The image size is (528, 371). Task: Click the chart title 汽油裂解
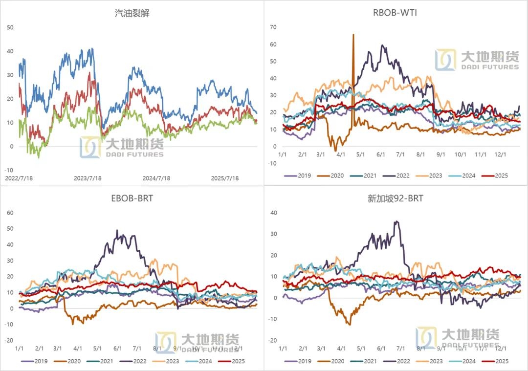132,13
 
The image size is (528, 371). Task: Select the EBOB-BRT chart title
132,198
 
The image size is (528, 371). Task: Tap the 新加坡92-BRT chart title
396,198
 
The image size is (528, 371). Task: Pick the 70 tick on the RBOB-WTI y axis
273,27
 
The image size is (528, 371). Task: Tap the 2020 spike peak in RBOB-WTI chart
353,35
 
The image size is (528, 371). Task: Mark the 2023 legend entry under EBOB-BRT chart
166,361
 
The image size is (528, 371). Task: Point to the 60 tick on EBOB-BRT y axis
9,213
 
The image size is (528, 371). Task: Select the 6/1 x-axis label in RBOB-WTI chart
380,154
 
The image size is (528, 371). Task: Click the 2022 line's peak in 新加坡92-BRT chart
396,221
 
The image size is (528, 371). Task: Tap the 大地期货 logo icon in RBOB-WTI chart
445,60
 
